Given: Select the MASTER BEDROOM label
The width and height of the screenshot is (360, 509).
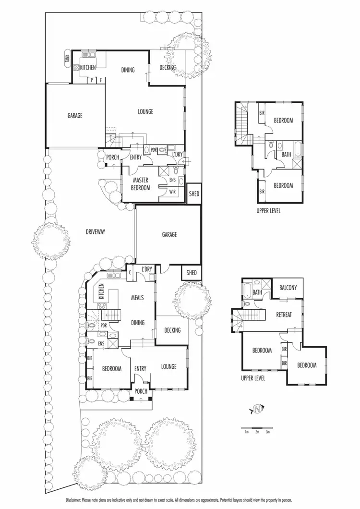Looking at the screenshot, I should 141,184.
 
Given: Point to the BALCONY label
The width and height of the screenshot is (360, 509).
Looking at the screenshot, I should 288,288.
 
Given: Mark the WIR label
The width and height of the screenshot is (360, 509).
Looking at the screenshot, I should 171,192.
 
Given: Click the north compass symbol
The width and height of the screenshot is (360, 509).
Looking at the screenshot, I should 258,409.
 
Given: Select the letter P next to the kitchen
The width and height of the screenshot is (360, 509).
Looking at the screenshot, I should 92,80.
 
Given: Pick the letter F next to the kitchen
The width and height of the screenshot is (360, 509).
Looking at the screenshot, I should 101,80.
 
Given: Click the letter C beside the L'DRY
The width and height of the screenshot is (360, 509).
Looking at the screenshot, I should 130,272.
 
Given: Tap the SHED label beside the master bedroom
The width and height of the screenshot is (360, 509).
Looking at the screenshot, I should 193,194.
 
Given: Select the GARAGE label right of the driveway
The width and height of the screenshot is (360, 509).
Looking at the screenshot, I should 169,235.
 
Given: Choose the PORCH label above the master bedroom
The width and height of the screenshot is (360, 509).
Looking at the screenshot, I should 112,158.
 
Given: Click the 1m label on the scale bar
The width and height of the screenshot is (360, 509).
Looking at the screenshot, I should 246,432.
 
